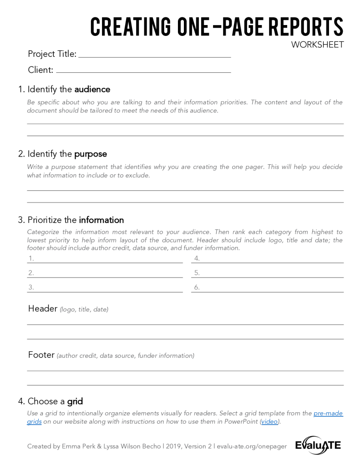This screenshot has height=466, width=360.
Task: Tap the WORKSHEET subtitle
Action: pyautogui.click(x=318, y=45)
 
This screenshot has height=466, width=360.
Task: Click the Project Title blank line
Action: pyautogui.click(x=155, y=56)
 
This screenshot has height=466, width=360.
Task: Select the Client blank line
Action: pyautogui.click(x=143, y=72)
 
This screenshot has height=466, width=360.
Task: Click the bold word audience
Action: pyautogui.click(x=92, y=89)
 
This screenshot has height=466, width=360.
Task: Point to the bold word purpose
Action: pyautogui.click(x=91, y=154)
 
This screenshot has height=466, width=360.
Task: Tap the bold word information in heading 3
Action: pyautogui.click(x=101, y=220)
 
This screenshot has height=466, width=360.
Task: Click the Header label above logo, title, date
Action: pyautogui.click(x=42, y=309)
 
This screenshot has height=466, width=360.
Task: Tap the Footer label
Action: pyautogui.click(x=41, y=355)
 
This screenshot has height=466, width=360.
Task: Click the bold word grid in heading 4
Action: pyautogui.click(x=75, y=401)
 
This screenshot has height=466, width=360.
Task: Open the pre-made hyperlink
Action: pyautogui.click(x=328, y=413)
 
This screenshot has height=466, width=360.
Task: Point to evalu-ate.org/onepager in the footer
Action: pyautogui.click(x=252, y=446)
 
